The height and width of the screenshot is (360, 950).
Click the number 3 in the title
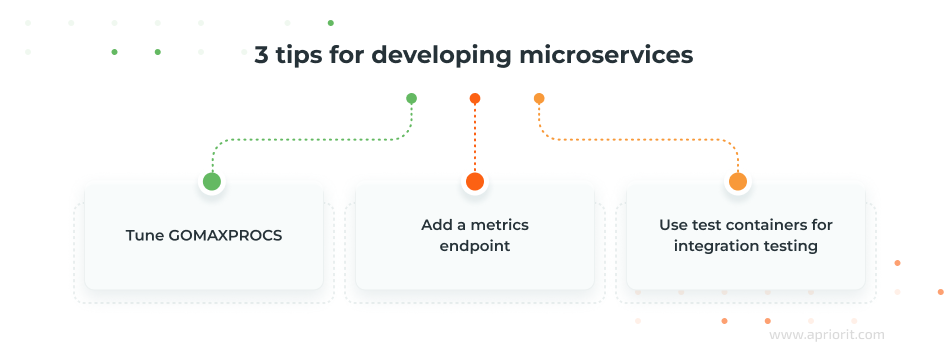click(x=262, y=55)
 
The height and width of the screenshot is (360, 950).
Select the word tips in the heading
click(x=301, y=55)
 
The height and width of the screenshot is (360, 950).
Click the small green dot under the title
click(x=411, y=99)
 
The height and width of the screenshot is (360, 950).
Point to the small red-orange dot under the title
click(x=475, y=99)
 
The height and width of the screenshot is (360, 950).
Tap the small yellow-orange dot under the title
click(x=539, y=99)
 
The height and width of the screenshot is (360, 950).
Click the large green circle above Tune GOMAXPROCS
click(x=212, y=181)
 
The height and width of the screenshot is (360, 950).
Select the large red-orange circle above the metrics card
click(x=475, y=181)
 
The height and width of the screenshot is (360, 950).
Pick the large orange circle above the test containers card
click(x=738, y=181)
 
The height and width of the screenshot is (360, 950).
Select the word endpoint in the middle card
click(x=475, y=246)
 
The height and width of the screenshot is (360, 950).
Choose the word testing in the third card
click(x=789, y=246)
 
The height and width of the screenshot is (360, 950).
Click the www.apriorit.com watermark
click(x=826, y=337)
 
